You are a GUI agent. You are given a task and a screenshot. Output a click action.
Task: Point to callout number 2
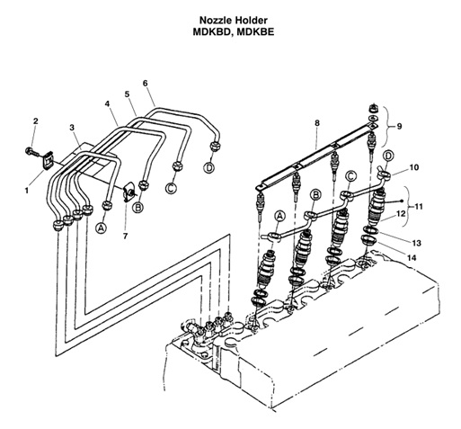tap(36, 121)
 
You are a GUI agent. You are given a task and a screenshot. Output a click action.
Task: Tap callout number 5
tap(127, 93)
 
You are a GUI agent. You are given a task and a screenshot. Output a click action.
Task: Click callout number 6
tap(146, 84)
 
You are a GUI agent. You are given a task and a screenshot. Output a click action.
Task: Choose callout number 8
tap(316, 121)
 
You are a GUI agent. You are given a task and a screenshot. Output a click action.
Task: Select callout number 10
tap(414, 167)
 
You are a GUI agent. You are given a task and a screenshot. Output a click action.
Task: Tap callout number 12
tap(402, 213)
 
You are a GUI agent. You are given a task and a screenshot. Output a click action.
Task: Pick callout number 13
tap(415, 243)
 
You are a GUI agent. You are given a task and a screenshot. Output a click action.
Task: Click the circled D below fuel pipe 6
tap(208, 167)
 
